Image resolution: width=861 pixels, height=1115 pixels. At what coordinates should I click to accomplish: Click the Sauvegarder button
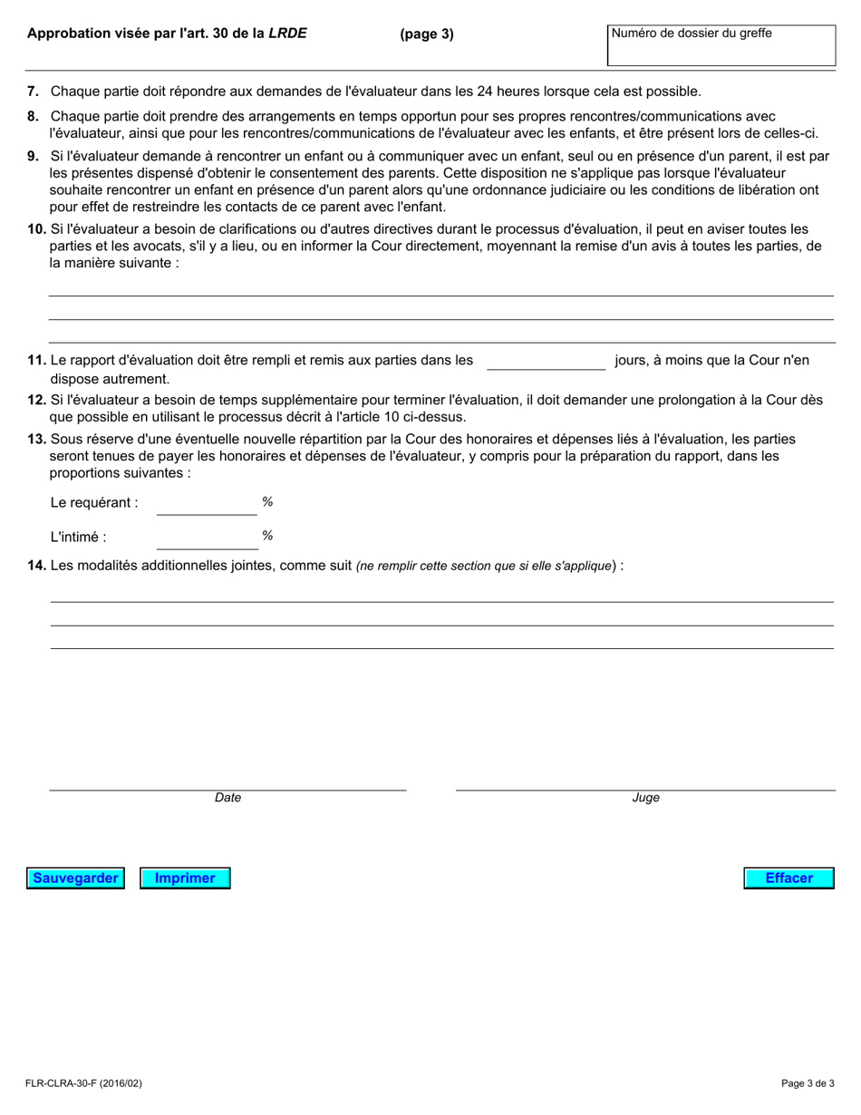click(x=75, y=878)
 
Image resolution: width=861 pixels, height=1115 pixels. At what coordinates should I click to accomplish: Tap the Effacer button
click(x=788, y=878)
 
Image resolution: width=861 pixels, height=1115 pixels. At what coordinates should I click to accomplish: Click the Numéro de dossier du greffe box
click(x=721, y=45)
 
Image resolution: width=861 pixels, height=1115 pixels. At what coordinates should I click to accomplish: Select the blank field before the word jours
click(x=546, y=361)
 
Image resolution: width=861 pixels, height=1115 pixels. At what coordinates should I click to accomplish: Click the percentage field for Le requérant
click(x=207, y=503)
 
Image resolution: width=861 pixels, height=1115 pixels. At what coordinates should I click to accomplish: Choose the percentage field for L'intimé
click(x=207, y=538)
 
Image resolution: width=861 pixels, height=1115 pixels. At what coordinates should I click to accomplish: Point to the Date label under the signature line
click(x=227, y=799)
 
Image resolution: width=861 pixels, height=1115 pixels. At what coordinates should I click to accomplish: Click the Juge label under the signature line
click(x=645, y=799)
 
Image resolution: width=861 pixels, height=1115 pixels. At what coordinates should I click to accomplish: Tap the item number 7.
click(x=34, y=92)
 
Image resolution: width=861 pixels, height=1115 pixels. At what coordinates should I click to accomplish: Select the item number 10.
click(x=36, y=229)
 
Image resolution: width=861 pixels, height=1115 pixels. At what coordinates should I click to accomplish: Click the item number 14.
click(x=36, y=567)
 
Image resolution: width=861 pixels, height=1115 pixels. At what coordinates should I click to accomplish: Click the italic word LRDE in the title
click(x=288, y=34)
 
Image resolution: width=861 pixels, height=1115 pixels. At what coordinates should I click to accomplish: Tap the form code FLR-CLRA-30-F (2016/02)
click(x=84, y=1083)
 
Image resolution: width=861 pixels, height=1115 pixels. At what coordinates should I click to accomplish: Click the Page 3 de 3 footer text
click(x=808, y=1083)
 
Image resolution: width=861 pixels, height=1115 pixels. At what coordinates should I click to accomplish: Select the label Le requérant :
click(x=94, y=503)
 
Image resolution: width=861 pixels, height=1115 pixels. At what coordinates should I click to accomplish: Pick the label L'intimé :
click(x=78, y=538)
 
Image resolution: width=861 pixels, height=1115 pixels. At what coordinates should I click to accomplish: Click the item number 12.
click(x=36, y=400)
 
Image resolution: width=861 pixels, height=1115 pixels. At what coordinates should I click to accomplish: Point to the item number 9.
click(x=34, y=156)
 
